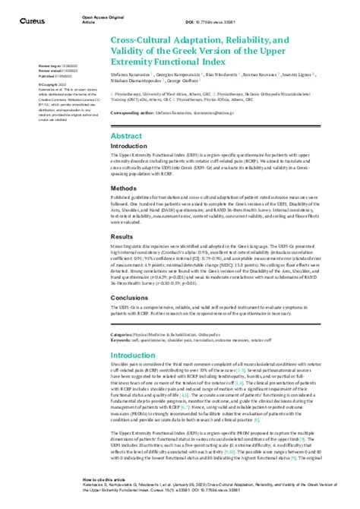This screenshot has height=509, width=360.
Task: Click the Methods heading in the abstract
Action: coord(124,187)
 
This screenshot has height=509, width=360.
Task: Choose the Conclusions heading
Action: coord(129,298)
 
